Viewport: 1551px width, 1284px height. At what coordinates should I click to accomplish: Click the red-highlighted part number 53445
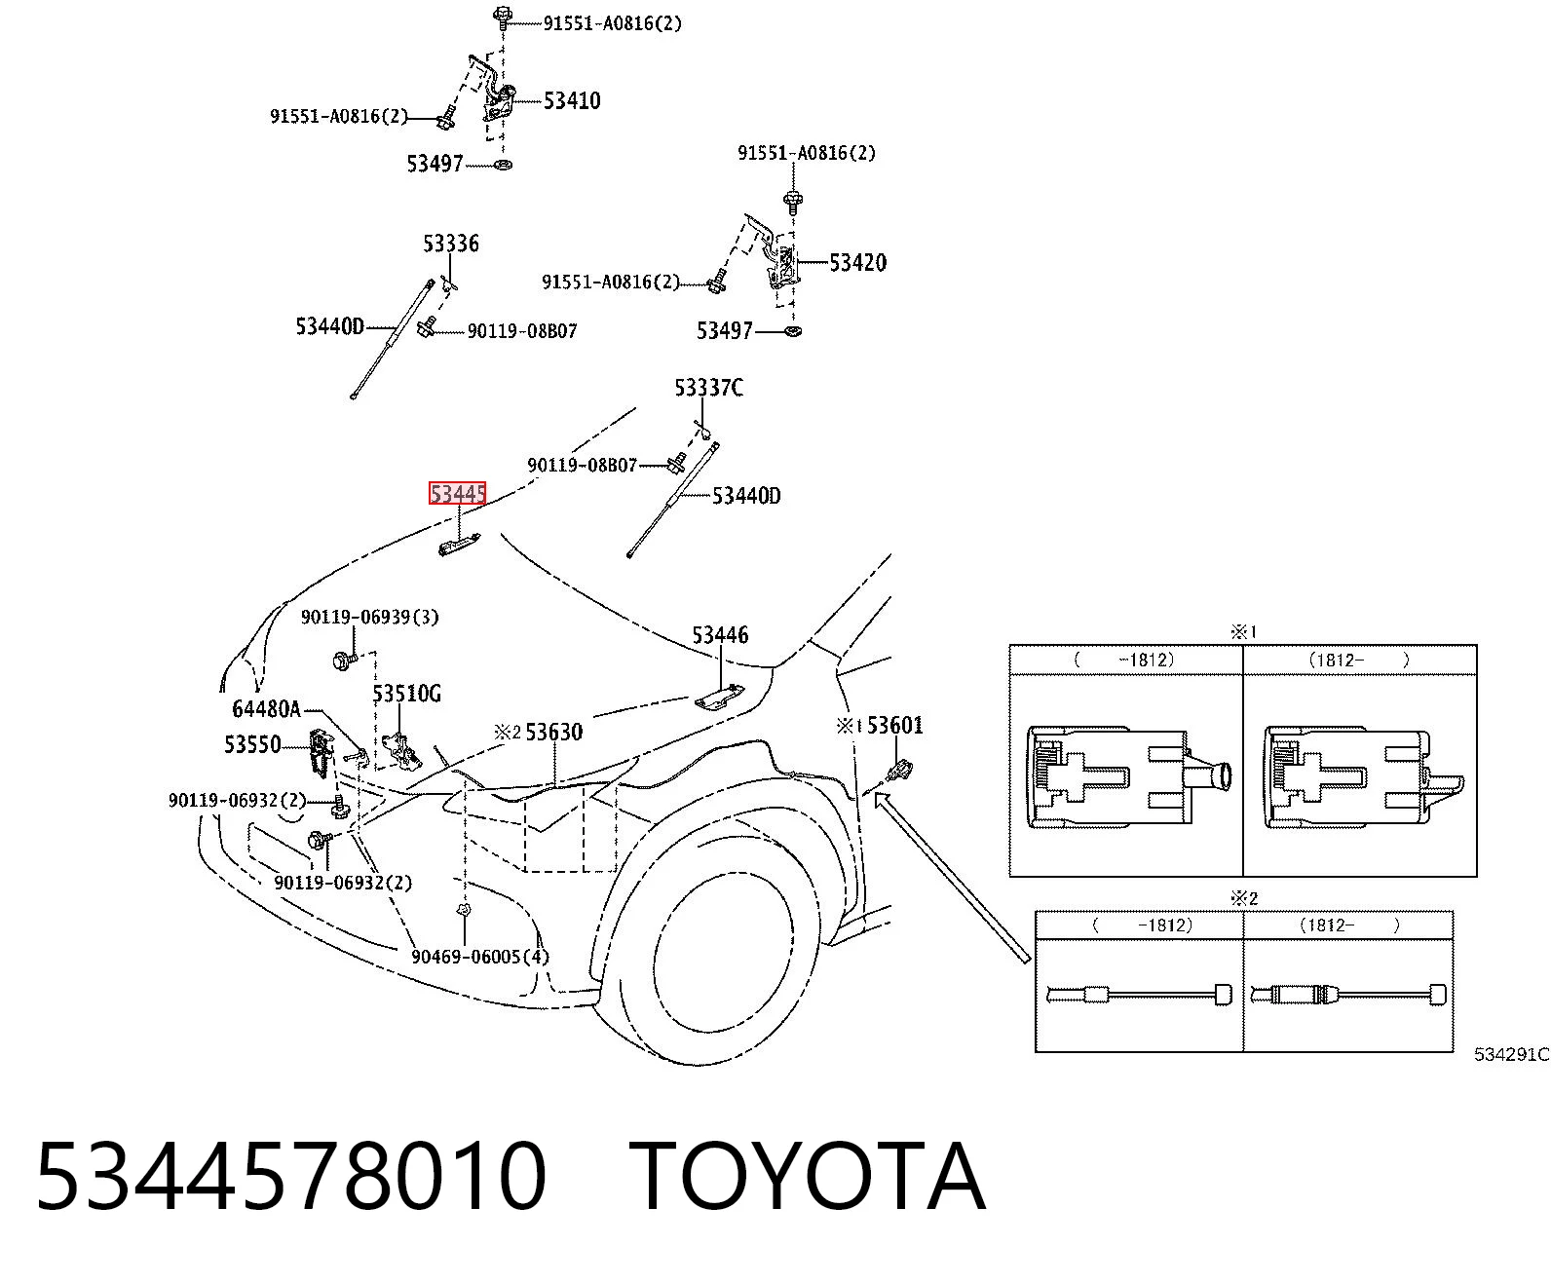(458, 493)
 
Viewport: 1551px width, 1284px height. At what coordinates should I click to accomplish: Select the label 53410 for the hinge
(572, 100)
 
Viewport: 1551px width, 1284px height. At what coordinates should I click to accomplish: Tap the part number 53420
(858, 262)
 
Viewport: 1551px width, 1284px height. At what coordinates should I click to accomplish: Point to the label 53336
(451, 243)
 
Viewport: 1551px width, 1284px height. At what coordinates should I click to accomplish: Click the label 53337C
(708, 387)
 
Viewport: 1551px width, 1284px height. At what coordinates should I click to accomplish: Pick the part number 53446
(721, 634)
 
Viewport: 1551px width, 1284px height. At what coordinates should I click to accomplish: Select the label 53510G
(406, 694)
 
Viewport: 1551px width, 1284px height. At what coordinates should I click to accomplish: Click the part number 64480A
(267, 709)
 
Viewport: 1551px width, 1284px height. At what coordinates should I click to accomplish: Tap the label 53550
(252, 743)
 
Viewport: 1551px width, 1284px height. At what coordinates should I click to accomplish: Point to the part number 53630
(554, 732)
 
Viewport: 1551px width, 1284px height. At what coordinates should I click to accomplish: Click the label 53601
(895, 725)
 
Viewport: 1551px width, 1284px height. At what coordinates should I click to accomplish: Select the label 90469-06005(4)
(480, 957)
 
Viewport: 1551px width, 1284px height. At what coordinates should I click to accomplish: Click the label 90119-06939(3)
(370, 617)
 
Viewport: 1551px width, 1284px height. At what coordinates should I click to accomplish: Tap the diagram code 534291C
(1512, 1054)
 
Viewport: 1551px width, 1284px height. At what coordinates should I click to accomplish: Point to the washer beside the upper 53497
(503, 165)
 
